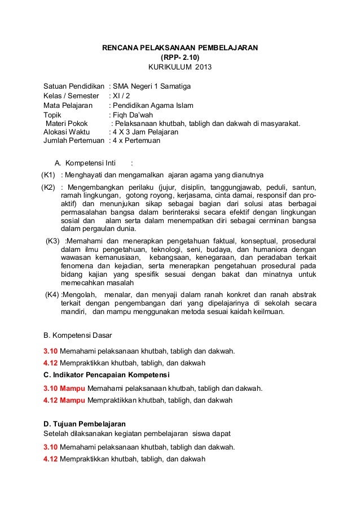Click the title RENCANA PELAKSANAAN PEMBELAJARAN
point(179,48)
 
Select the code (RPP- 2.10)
point(180,58)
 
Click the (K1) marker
point(49,174)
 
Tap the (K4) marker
point(52,295)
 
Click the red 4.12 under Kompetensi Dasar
point(51,363)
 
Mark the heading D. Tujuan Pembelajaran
point(85,424)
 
